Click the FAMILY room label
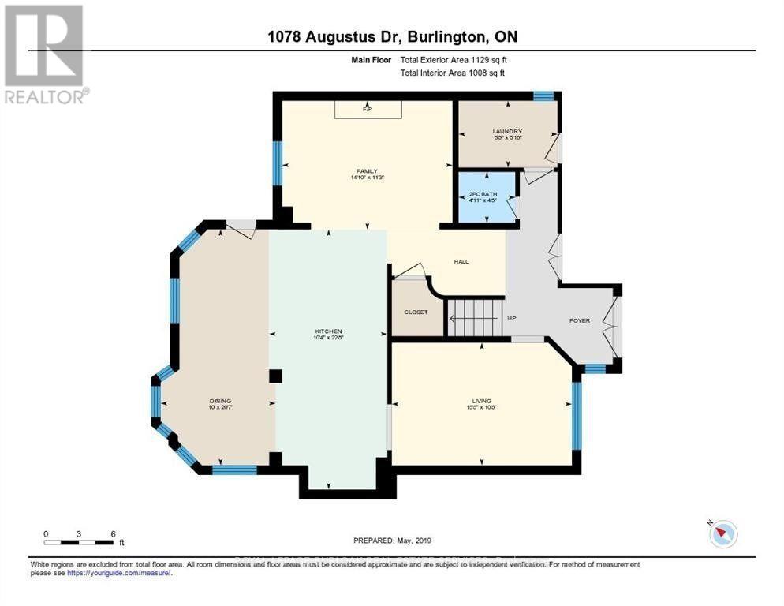click(366, 171)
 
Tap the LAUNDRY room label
click(507, 132)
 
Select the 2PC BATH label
click(482, 194)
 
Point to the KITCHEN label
click(329, 331)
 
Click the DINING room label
click(220, 400)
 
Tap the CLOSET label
click(416, 312)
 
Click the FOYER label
click(580, 320)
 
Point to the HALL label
click(461, 261)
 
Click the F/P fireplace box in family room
click(367, 109)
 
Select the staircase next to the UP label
click(475, 318)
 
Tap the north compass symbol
click(722, 533)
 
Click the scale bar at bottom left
click(80, 542)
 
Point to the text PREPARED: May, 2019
click(392, 541)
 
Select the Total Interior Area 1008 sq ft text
click(452, 73)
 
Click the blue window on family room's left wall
click(277, 163)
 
